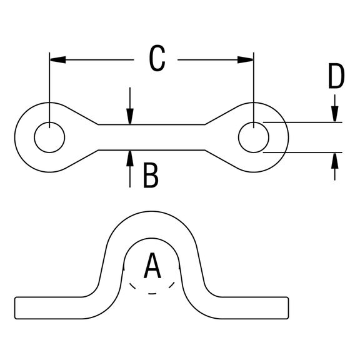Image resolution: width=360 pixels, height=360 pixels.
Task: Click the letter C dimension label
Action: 157,58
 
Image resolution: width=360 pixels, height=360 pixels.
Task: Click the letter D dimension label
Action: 336,76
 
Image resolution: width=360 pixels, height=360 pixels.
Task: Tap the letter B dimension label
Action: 151,175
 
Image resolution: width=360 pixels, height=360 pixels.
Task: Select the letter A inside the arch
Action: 152,266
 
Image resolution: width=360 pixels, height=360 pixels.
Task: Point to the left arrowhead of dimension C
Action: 57,60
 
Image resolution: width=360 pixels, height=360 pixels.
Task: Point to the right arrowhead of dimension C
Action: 246,60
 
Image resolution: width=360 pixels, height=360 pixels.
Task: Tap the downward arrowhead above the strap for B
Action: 130,116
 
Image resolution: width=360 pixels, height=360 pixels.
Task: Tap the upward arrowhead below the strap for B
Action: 130,158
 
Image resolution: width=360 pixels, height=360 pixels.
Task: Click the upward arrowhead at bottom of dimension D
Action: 335,161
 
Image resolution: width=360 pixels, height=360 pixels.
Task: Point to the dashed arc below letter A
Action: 152,293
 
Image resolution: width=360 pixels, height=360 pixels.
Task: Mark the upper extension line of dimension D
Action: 302,122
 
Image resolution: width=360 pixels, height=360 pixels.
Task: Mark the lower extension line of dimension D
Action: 302,152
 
